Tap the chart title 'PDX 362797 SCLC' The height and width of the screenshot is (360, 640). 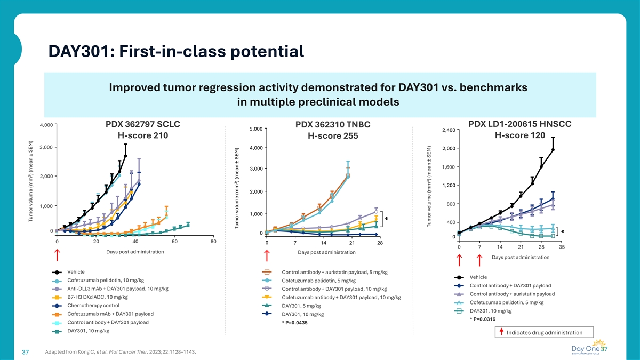tap(143, 124)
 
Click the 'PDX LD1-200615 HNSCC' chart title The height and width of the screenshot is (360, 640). tap(519, 124)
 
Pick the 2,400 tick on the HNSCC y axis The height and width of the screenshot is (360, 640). tap(447, 130)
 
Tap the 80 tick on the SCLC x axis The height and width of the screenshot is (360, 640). tap(213, 242)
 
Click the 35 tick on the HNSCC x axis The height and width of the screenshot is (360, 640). tap(562, 247)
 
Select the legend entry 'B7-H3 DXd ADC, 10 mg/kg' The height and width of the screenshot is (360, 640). tap(97, 297)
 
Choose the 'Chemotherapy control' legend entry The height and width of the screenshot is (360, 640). tap(89, 306)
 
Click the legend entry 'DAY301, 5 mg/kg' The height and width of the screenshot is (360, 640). tap(301, 306)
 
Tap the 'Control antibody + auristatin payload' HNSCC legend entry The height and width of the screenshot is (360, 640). tap(511, 294)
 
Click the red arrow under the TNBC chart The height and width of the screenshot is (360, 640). tap(266, 257)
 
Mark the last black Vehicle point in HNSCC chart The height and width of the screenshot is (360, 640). tap(553, 150)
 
